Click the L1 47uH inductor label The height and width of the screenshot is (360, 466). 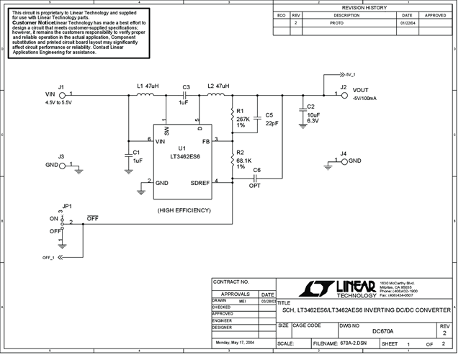[147, 86]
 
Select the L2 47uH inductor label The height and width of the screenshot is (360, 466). [218, 86]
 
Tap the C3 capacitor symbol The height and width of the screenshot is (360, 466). [186, 94]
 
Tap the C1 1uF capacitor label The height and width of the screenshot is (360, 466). [137, 156]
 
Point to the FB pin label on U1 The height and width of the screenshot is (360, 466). [205, 141]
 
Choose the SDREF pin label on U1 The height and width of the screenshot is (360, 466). [200, 183]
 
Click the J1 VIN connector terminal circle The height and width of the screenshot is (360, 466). [63, 94]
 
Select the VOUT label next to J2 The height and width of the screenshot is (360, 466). [361, 90]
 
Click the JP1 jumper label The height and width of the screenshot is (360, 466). [68, 205]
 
